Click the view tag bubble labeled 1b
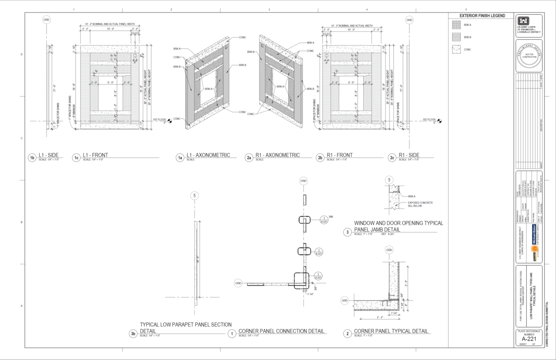click(x=32, y=158)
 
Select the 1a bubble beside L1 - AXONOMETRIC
click(x=179, y=158)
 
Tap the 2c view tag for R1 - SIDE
click(x=392, y=158)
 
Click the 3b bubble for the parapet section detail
click(x=133, y=333)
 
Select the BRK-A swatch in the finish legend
click(x=457, y=25)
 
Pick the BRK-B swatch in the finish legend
click(x=457, y=37)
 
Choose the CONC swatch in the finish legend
click(x=457, y=49)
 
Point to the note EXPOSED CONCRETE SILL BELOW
click(x=421, y=205)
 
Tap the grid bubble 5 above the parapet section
click(x=195, y=196)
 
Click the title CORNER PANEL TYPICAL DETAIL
click(x=391, y=331)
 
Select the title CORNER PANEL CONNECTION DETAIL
click(x=281, y=331)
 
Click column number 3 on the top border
click(x=269, y=9)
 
